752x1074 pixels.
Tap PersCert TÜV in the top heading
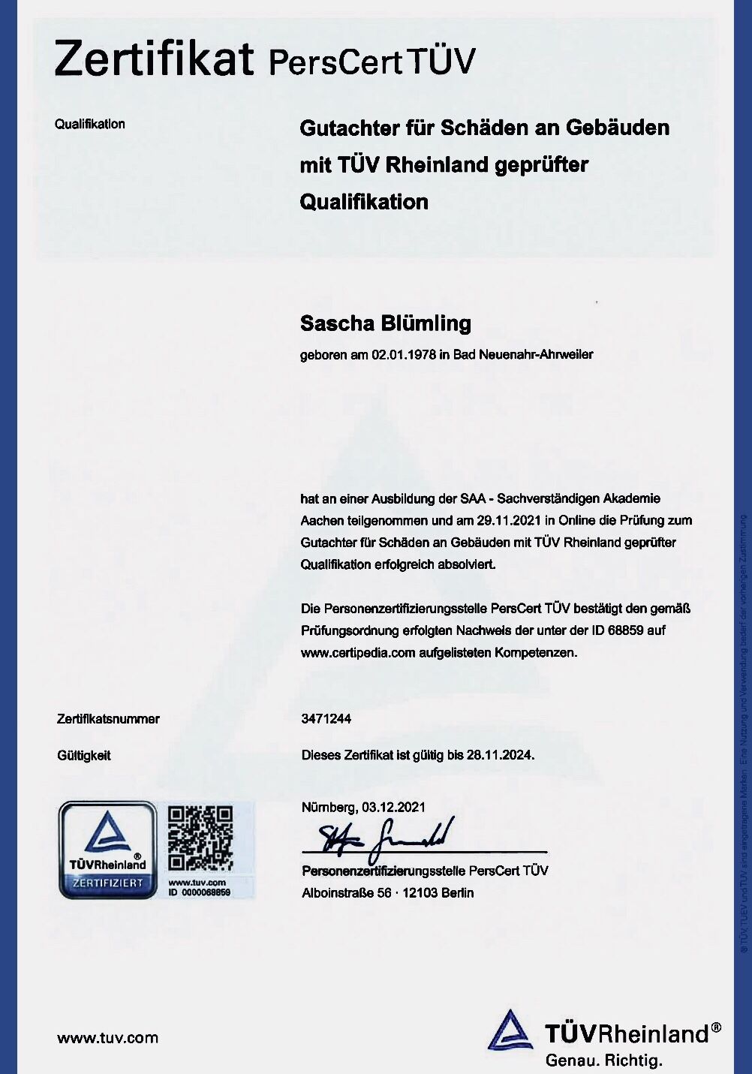371,62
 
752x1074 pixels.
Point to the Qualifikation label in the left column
90,124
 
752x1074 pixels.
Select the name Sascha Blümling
386,323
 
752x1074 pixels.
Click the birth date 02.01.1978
404,354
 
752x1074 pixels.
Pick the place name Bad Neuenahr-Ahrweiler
523,354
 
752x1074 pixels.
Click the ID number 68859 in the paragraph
626,630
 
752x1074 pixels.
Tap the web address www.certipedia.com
358,652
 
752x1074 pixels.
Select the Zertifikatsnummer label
108,719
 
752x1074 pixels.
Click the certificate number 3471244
326,718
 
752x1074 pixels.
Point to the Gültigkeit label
84,756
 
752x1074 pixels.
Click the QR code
200,838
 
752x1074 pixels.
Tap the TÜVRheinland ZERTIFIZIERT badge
108,850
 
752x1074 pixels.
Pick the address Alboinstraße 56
347,893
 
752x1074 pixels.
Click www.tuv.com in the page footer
108,1038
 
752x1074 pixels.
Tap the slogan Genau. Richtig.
604,1060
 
